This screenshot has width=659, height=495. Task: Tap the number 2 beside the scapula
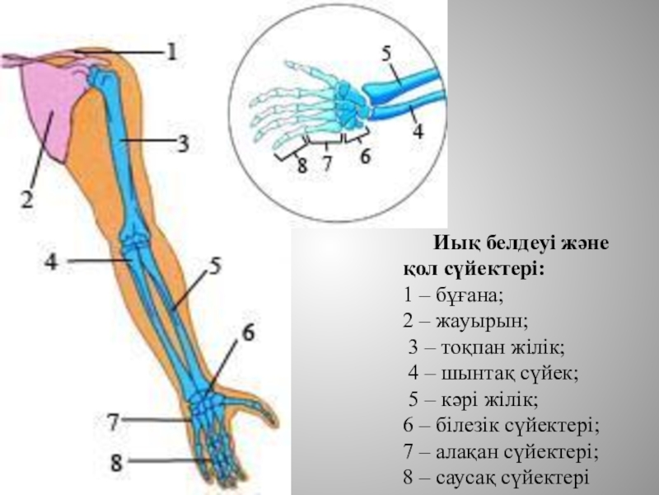click(x=26, y=198)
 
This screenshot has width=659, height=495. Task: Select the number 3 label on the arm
click(x=182, y=144)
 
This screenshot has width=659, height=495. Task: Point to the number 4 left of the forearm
click(x=51, y=262)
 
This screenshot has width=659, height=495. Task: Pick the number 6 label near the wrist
click(x=248, y=333)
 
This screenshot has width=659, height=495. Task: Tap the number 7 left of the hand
click(x=114, y=422)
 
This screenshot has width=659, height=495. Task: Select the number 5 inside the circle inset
click(x=386, y=54)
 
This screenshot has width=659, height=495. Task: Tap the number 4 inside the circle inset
click(x=418, y=130)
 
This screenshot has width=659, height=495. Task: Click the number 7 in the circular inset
click(x=327, y=163)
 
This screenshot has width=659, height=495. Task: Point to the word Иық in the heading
click(x=451, y=244)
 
